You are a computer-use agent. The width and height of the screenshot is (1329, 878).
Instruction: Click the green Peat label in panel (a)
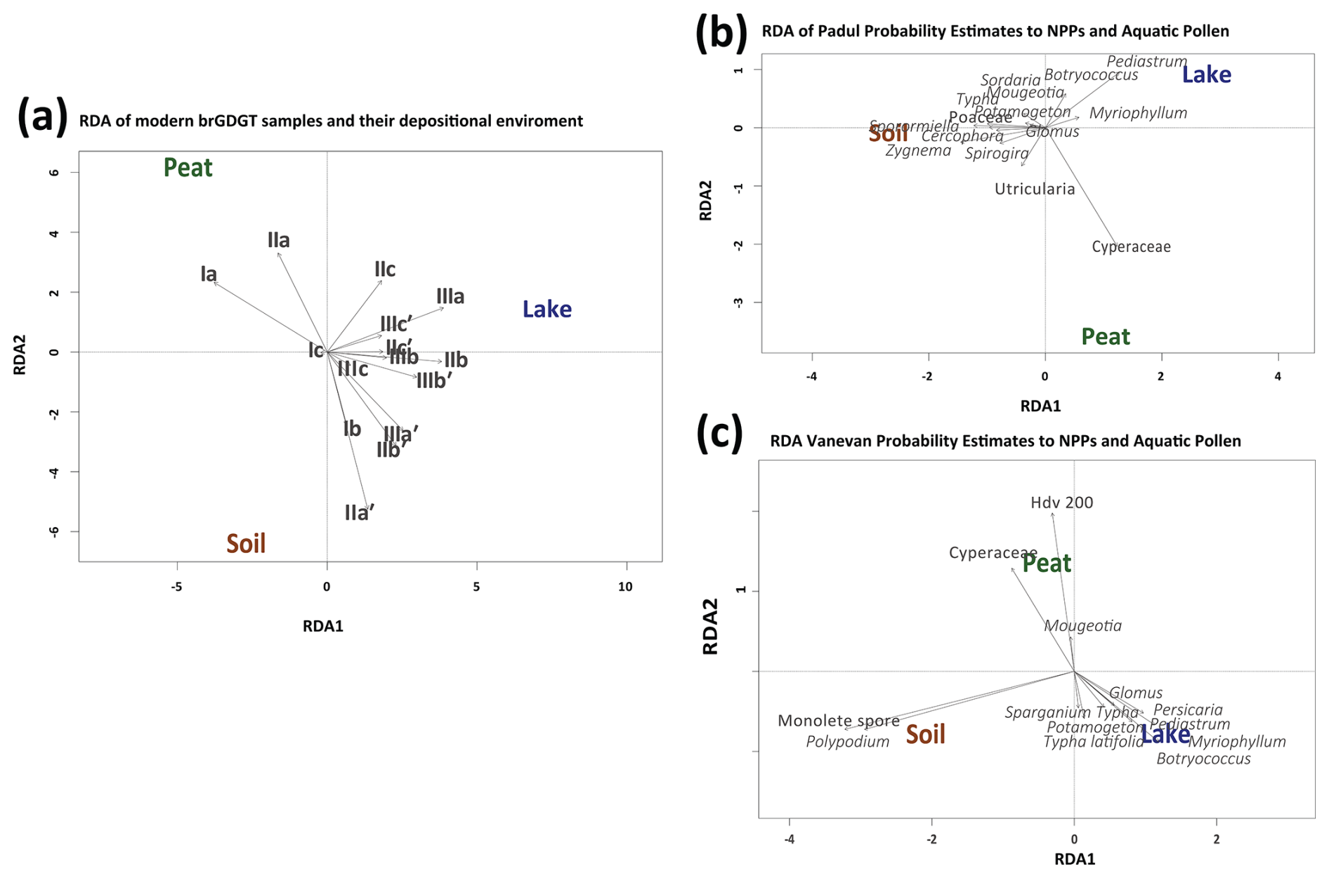tap(188, 168)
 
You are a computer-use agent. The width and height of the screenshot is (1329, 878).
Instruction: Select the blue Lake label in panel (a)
tap(546, 309)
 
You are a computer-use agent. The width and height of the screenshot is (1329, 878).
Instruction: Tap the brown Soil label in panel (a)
tap(246, 543)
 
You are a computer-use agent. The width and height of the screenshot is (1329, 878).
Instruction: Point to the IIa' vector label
tap(359, 513)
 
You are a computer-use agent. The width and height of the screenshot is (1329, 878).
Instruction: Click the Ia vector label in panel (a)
tap(209, 274)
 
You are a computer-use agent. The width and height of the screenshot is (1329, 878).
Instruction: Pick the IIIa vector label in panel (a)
tap(450, 296)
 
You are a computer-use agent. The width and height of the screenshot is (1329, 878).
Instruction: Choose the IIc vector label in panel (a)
tap(385, 269)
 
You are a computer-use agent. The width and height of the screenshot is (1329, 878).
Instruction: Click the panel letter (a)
tap(43, 117)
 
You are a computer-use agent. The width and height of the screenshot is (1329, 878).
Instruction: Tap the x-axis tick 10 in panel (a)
tap(625, 587)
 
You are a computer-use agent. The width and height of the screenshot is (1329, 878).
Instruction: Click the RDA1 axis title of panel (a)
tap(323, 626)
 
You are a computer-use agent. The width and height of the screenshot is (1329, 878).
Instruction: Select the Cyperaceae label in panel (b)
tap(1131, 247)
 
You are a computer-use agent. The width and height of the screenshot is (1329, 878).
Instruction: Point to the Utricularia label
tap(1035, 189)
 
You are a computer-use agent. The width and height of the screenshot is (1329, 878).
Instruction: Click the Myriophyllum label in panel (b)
tap(1138, 113)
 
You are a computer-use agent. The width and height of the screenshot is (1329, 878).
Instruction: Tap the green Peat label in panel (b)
tap(1105, 337)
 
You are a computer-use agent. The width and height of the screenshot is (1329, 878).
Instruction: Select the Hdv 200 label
tap(1061, 503)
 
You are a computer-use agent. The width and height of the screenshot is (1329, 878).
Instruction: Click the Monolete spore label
tap(838, 721)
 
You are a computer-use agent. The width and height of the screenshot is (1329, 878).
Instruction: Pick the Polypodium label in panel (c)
tap(847, 742)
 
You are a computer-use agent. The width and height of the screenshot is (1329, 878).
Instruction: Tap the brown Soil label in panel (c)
tap(925, 734)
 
